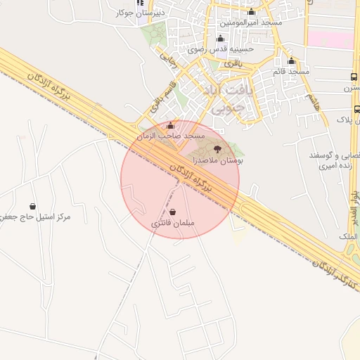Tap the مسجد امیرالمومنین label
point(251,22)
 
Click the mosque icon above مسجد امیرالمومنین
point(251,12)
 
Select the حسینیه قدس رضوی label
point(220,49)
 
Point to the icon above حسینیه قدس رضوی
point(220,39)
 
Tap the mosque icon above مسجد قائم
point(292,61)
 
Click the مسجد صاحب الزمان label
point(170,135)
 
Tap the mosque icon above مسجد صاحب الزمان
point(170,125)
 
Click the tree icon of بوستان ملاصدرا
point(217,149)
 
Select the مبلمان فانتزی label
point(172,223)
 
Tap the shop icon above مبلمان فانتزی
point(172,212)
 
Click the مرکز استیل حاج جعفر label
point(37,217)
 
